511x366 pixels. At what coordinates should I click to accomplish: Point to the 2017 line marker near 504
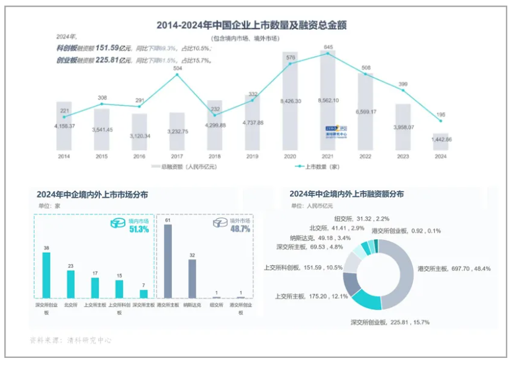pos(177,75)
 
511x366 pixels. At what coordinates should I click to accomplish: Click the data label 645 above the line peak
pos(328,47)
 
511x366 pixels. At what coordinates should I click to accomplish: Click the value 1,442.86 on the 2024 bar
pos(441,139)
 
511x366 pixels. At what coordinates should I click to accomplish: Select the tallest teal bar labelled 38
pos(46,275)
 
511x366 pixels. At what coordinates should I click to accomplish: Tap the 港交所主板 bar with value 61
pos(166,261)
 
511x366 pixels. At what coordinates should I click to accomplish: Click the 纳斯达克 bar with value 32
pos(192,278)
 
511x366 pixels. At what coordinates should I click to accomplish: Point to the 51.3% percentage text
pos(139,229)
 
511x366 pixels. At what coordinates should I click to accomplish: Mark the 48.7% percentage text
pos(240,229)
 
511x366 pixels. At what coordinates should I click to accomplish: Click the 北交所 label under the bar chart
pos(70,306)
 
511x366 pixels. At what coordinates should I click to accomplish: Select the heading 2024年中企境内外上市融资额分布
pos(346,194)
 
